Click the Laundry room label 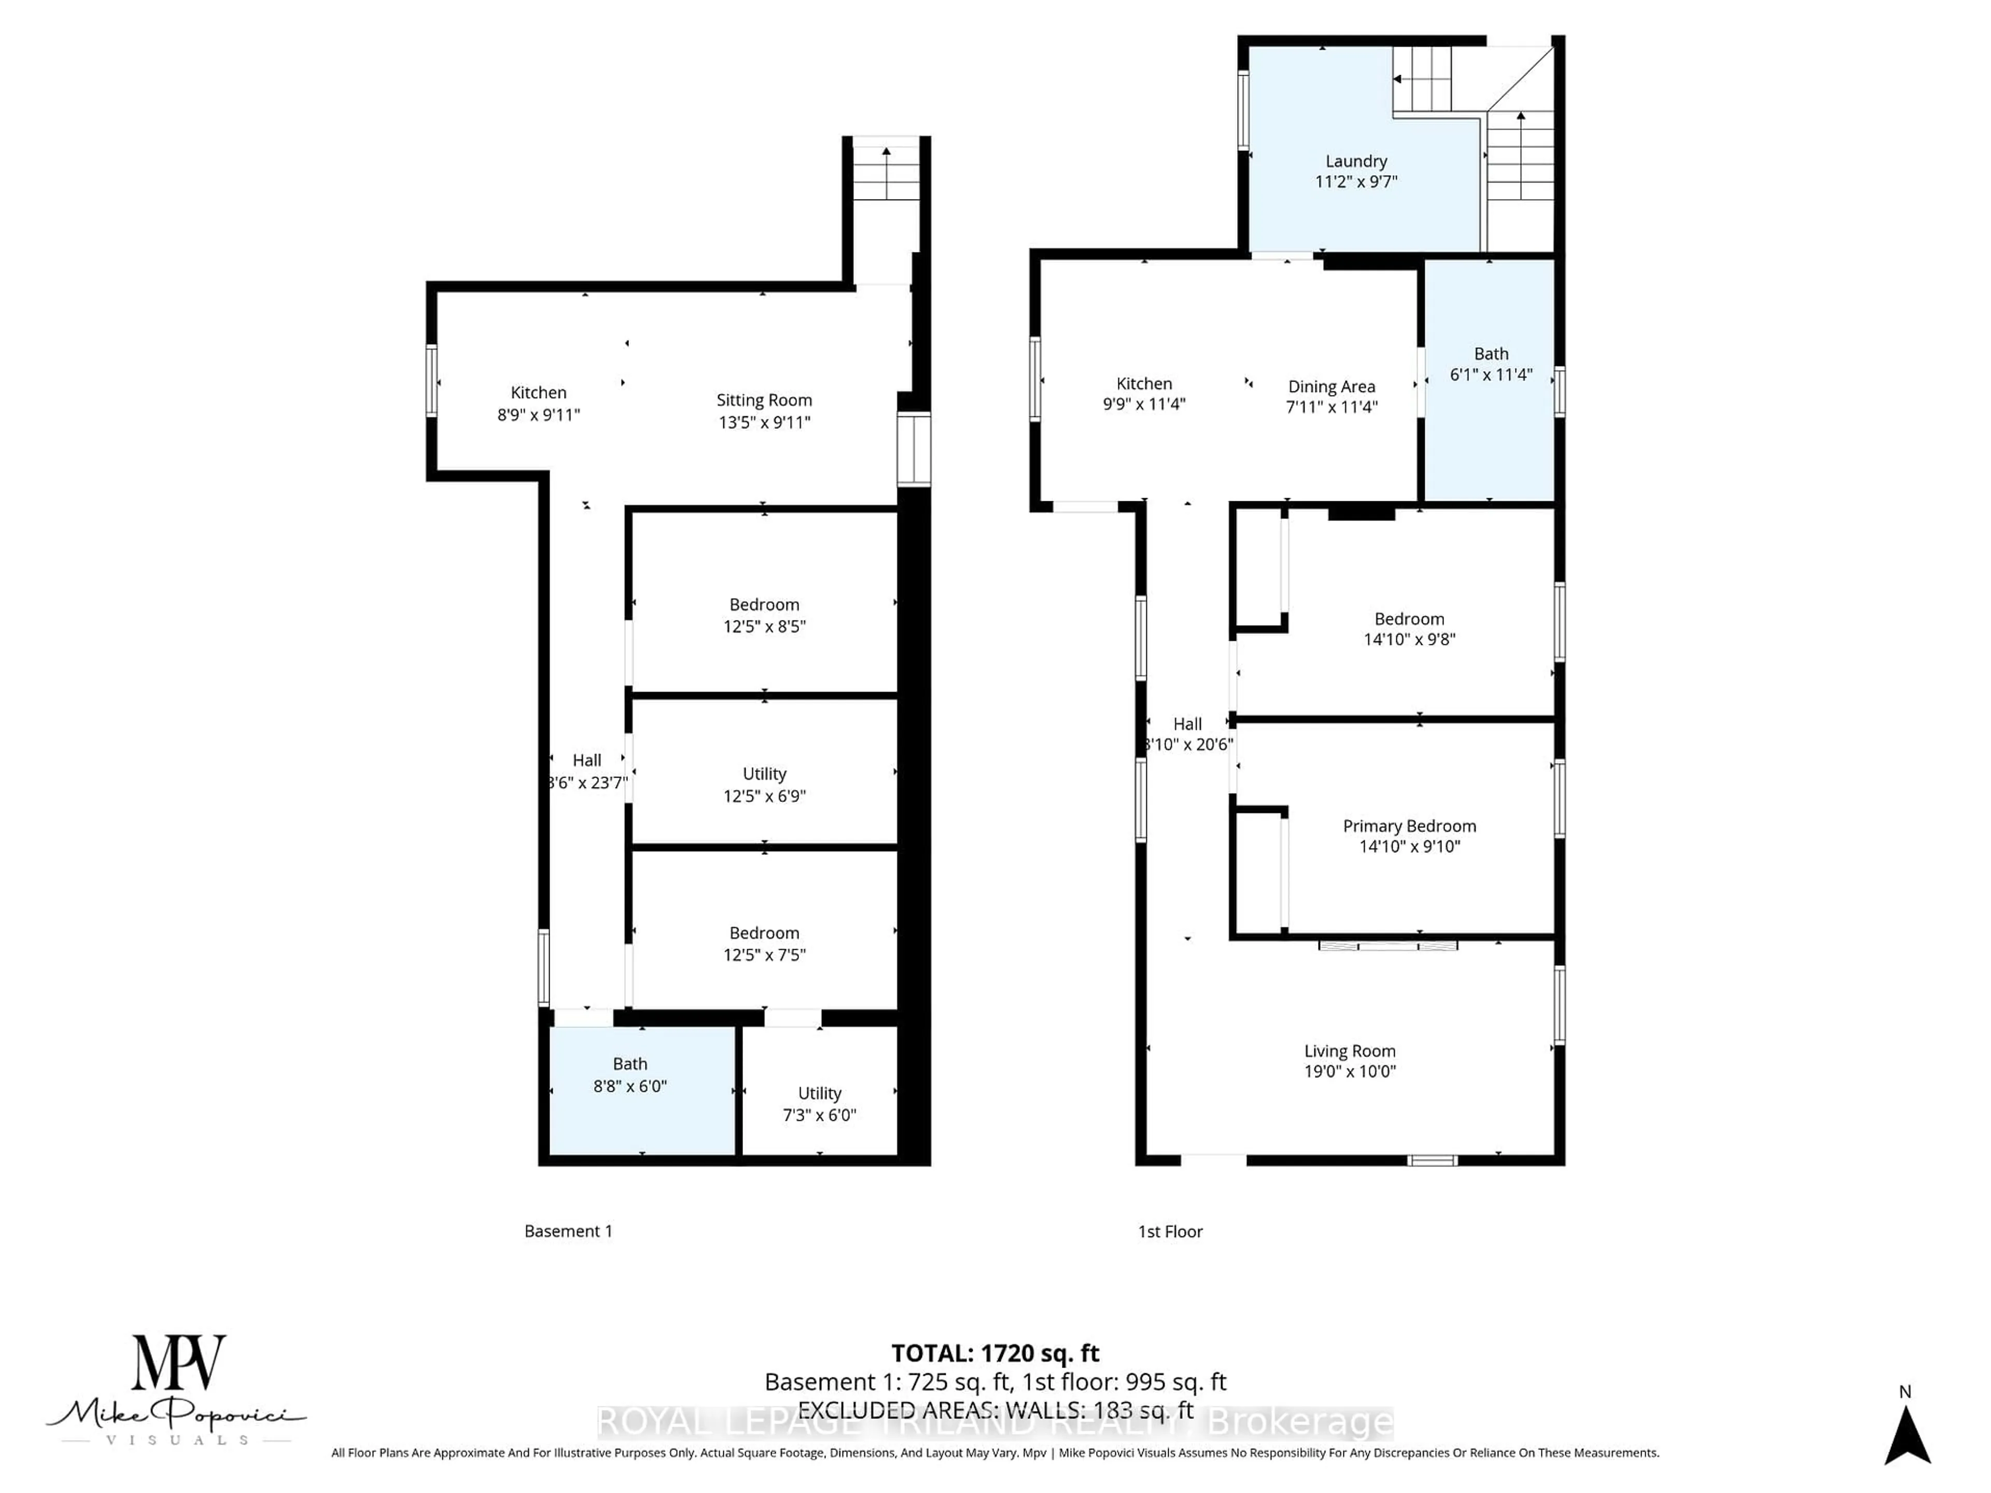pos(1355,161)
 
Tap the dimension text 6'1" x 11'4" pos(1491,374)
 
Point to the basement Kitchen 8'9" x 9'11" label pos(538,403)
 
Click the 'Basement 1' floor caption pos(568,1231)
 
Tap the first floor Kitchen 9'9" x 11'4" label pos(1143,393)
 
